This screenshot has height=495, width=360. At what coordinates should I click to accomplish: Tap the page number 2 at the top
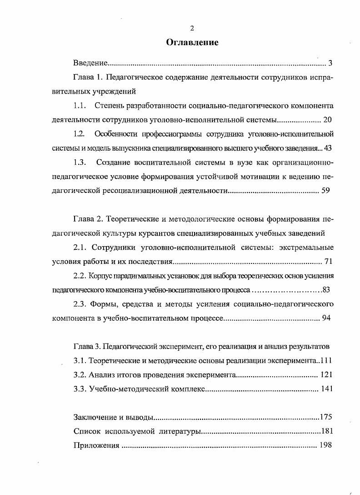192,28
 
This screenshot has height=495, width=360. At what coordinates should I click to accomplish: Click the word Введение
90,63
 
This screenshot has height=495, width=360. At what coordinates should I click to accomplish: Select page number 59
325,191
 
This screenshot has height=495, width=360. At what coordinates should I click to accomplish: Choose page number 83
329,290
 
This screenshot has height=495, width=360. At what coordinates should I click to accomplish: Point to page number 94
326,318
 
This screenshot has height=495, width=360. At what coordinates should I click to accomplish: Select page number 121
327,375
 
